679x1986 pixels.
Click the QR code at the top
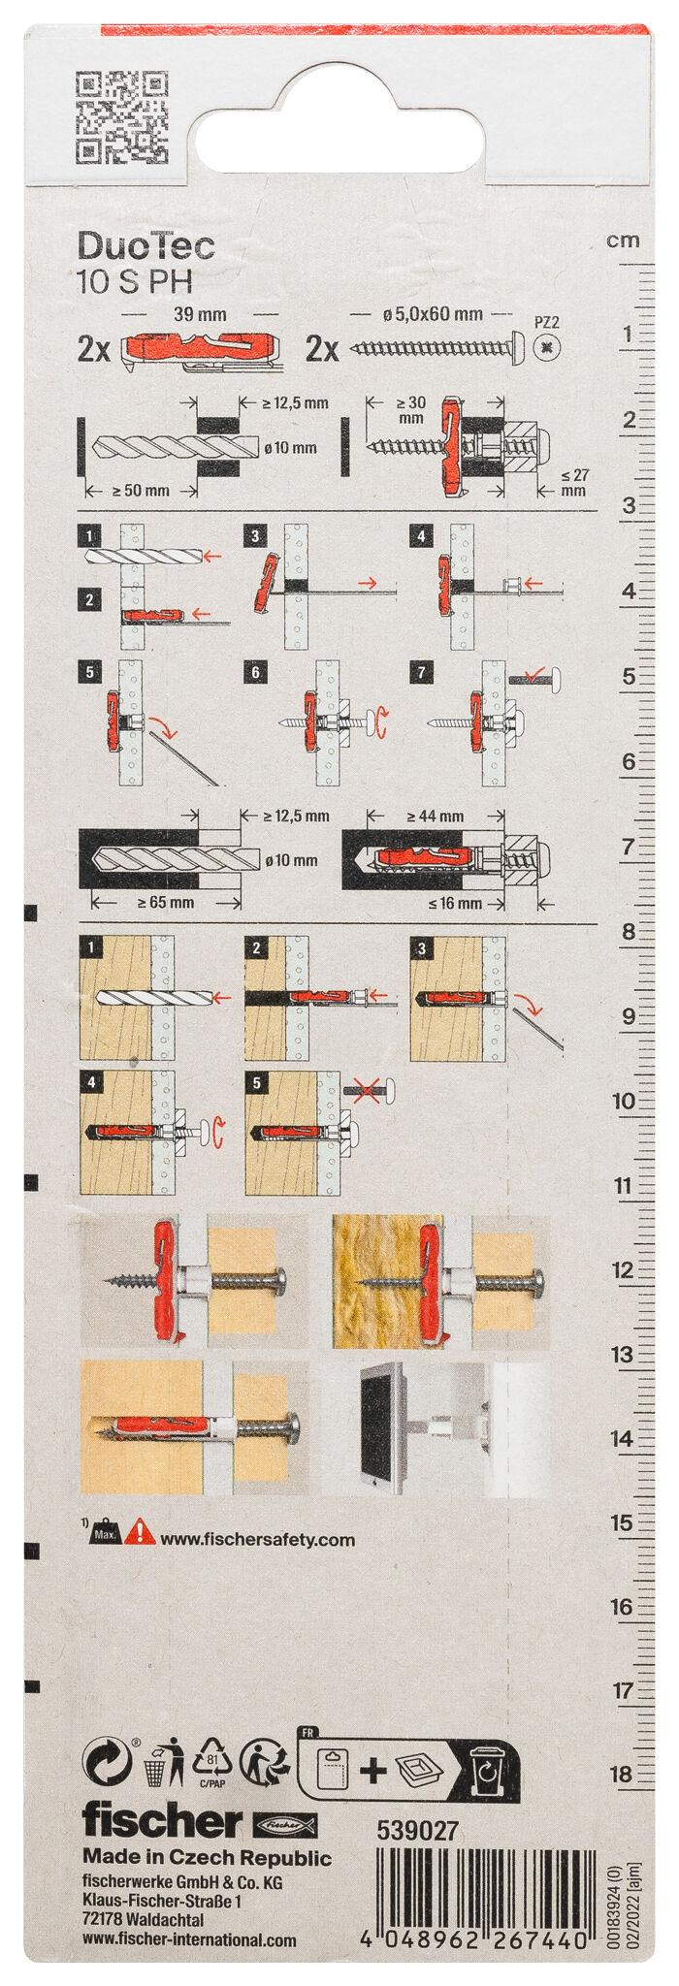121,117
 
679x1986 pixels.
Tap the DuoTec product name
145,246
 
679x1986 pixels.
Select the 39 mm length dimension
199,315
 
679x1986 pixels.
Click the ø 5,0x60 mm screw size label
433,314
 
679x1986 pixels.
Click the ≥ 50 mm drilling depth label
141,491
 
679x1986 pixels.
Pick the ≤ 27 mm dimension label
574,482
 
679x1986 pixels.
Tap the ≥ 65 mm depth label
165,902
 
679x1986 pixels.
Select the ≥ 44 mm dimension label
435,817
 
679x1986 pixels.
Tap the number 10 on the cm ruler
623,1101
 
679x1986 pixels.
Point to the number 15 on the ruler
622,1522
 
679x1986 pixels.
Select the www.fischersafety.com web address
257,1539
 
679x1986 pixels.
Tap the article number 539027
417,1830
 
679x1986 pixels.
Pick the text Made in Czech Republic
207,1858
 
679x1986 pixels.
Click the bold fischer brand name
162,1821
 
